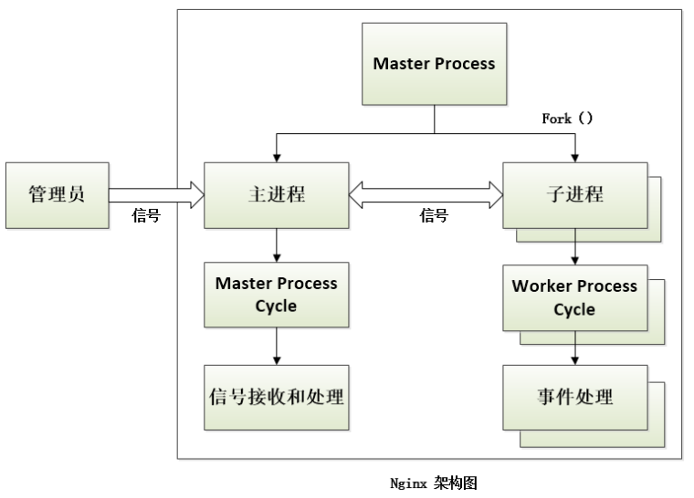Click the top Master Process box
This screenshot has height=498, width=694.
(434, 64)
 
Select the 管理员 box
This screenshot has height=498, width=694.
(58, 195)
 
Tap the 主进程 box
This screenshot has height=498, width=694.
(276, 195)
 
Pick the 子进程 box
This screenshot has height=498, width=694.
(575, 195)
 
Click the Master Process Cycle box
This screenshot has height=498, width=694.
(276, 295)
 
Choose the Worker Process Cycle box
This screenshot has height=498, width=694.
(575, 297)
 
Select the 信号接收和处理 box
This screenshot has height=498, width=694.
(276, 397)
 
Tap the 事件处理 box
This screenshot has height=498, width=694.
(575, 397)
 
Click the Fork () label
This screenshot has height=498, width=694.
(567, 119)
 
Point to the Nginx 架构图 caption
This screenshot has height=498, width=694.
(434, 483)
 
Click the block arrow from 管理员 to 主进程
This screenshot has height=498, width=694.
(157, 195)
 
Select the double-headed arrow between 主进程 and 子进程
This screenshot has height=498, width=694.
(426, 195)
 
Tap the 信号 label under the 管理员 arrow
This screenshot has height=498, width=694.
(146, 216)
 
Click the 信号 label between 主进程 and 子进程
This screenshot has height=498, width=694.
(434, 216)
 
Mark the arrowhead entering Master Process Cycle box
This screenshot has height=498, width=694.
(277, 258)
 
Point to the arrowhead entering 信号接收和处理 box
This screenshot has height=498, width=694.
(277, 361)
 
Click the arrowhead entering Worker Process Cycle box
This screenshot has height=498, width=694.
(575, 261)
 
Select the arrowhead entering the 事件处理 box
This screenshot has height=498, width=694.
(575, 361)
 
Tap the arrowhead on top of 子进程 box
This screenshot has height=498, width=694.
(575, 159)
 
